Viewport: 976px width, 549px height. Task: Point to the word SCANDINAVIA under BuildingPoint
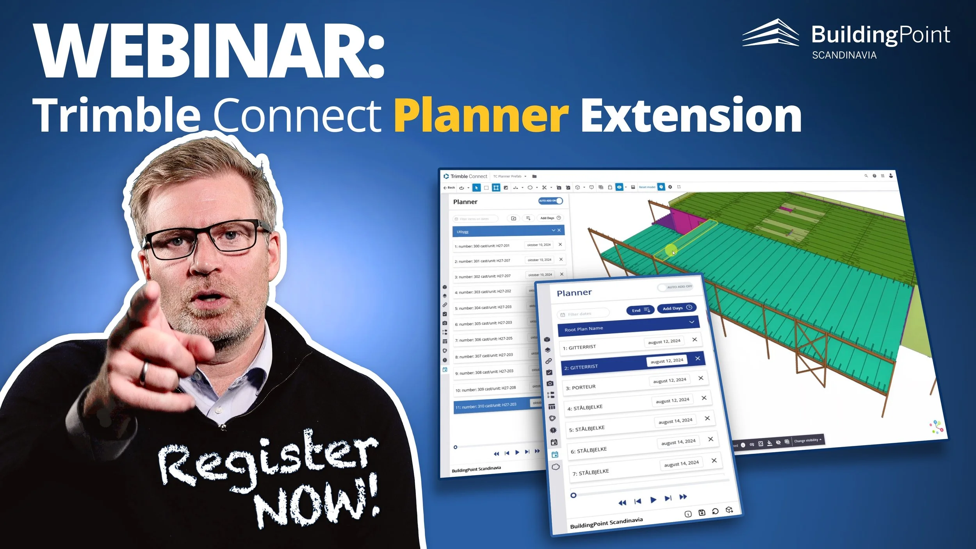pos(844,55)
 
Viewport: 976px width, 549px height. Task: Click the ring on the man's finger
pos(144,372)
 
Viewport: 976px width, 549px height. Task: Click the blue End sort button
pos(640,310)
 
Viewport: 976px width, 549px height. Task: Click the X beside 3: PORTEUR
pos(701,378)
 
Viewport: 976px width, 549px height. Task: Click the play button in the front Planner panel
pos(653,500)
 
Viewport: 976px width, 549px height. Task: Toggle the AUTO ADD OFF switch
pos(675,287)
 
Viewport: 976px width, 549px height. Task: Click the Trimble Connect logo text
pos(468,176)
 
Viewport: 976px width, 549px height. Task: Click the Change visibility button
pos(807,440)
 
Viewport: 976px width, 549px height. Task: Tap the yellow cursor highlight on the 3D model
pos(671,250)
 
